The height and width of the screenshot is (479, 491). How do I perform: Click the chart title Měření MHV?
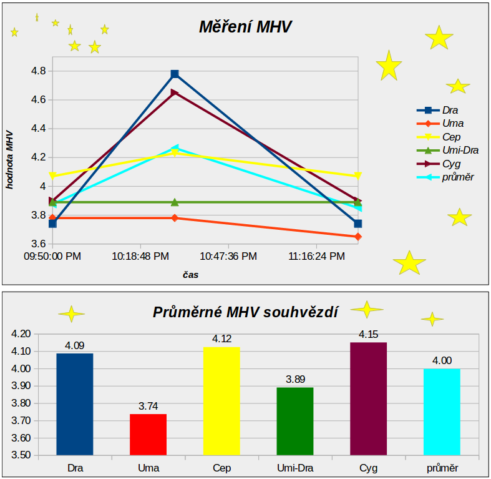coord(245,27)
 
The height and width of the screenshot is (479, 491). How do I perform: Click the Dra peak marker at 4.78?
coord(175,74)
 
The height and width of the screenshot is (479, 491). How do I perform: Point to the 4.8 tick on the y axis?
coord(38,71)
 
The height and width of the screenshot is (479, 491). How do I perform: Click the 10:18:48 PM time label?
coord(140,256)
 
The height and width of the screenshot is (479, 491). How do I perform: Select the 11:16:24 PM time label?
coord(317,256)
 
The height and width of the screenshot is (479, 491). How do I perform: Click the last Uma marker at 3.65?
coord(358,237)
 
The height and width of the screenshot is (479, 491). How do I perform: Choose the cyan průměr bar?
coord(442,412)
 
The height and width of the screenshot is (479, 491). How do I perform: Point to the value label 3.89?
coord(295,379)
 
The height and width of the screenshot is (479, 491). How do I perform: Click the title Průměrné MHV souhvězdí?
coord(245,312)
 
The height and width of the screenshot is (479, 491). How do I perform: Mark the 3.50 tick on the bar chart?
coord(21,455)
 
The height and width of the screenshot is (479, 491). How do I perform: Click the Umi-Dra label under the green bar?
coord(295,468)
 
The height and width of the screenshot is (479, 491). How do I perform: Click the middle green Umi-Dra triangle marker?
coord(175,202)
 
